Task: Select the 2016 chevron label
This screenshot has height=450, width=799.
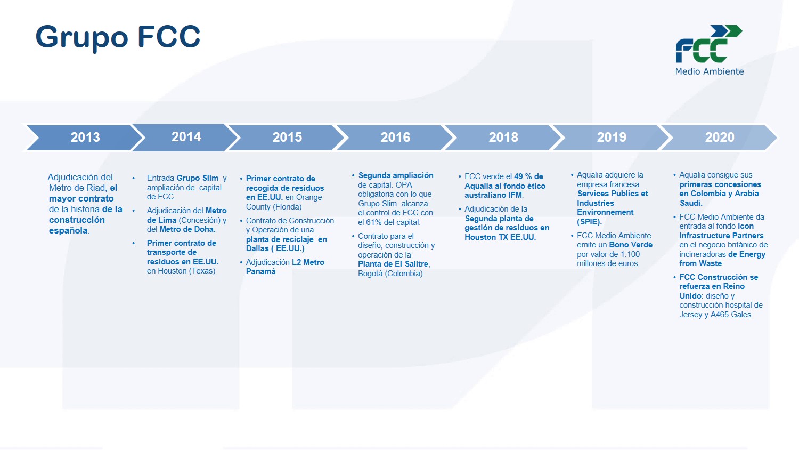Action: pos(395,138)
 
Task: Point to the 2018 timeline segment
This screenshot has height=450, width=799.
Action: pos(503,138)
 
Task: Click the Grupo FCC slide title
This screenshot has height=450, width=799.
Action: pos(118,37)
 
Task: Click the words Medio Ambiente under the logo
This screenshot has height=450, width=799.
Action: pos(710,71)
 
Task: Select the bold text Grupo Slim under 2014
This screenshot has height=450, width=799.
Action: pos(197,178)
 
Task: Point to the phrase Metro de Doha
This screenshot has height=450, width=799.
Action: pos(187,229)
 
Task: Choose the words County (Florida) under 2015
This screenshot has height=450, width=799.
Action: pos(274,207)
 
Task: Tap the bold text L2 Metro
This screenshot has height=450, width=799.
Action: pos(308,262)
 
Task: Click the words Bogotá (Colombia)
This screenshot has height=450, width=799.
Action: pos(390,274)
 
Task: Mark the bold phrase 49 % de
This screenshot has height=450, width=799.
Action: pos(528,176)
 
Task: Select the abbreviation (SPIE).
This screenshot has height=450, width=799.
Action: pos(589,222)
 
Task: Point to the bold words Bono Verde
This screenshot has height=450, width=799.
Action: pos(631,245)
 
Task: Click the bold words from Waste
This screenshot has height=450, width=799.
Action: pos(700,263)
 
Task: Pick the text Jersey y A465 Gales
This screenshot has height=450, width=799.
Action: pos(715,315)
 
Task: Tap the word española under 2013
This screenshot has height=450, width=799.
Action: pos(69,231)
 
